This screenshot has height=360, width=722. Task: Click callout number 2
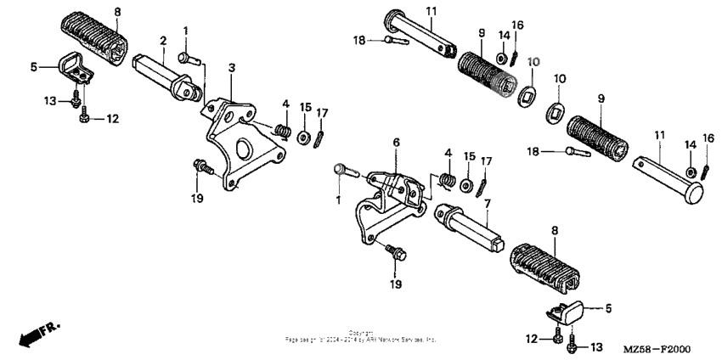point(162,39)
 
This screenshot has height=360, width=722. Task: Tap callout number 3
point(232,66)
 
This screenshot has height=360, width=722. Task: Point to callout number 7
point(486,204)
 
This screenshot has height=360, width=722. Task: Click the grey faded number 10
point(533,62)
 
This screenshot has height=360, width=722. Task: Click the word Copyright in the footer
point(361,332)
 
